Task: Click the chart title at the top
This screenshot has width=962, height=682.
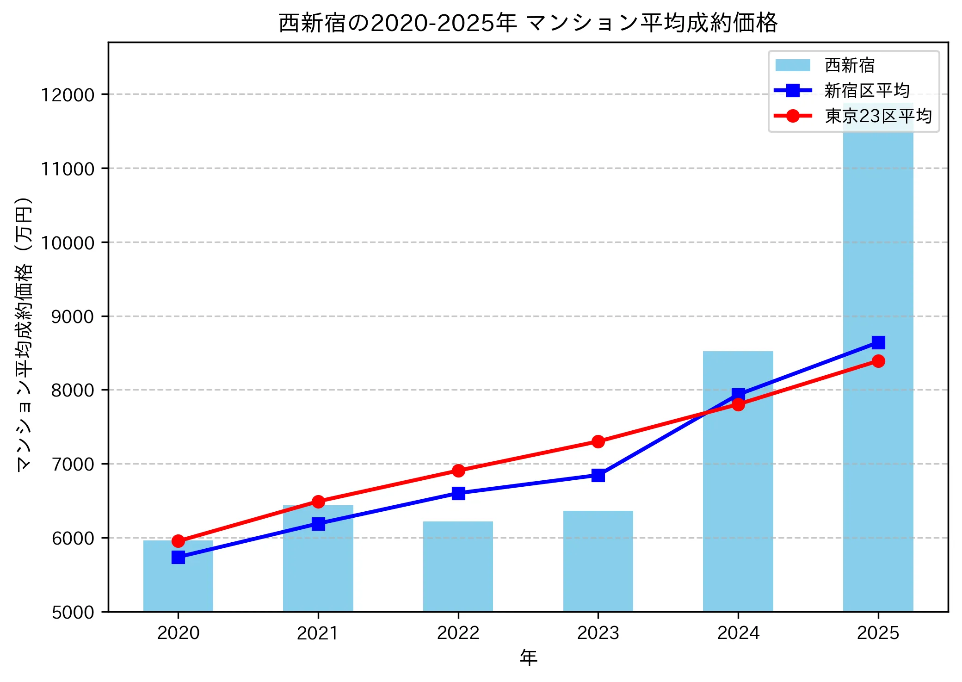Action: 528,23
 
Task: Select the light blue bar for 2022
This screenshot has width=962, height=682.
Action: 458,567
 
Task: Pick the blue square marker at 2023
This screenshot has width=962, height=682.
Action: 598,475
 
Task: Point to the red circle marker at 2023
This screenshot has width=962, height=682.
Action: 598,441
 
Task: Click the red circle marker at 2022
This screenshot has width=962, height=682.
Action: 458,471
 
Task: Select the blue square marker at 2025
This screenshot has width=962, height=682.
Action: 878,342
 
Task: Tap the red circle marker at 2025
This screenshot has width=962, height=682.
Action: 878,361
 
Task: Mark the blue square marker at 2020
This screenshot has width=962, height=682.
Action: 178,557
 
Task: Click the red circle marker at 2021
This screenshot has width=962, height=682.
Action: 318,502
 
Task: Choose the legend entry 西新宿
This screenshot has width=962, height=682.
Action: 849,65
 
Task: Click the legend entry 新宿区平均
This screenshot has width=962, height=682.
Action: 866,91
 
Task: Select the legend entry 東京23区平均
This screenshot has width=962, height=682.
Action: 877,116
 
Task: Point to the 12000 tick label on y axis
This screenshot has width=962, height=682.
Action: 68,95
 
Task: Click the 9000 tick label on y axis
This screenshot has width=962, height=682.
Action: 72,316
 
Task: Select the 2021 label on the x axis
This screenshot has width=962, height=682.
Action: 318,632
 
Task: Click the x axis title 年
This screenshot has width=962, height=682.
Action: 528,657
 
